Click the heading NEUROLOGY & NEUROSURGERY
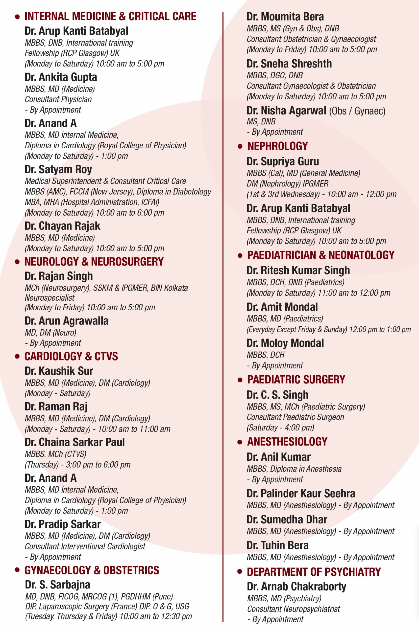click(94, 262)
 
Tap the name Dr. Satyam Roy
click(58, 169)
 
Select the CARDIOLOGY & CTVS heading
click(71, 356)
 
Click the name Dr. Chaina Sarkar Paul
click(74, 442)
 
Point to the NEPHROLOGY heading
click(277, 146)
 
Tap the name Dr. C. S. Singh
click(277, 395)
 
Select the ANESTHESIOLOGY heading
click(287, 442)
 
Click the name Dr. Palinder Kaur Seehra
click(301, 493)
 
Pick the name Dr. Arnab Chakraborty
click(296, 587)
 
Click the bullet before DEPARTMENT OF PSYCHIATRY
click(240, 572)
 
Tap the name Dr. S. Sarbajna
click(57, 585)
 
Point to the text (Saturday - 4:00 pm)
click(280, 428)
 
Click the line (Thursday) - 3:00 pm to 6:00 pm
click(77, 465)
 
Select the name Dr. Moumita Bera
click(285, 17)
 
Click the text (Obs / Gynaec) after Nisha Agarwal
click(357, 111)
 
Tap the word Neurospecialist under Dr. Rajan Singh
click(49, 298)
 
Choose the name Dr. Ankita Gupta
click(61, 77)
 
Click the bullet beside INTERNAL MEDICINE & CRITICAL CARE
click(17, 17)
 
